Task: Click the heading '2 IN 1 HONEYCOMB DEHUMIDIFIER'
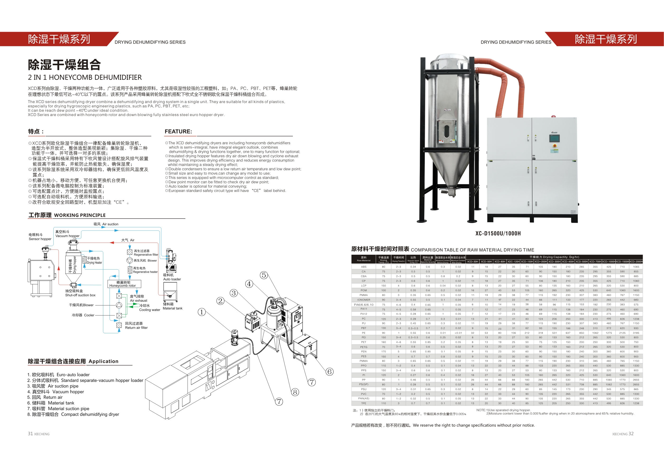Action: point(84,77)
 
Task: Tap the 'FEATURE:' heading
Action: point(178,132)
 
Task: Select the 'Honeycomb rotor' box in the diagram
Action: point(124,284)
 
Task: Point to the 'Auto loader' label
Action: point(172,279)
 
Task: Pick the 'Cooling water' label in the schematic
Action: point(149,310)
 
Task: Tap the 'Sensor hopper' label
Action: point(40,239)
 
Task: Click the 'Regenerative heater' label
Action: point(145,272)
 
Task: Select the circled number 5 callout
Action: point(264,275)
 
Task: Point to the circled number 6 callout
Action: point(329,371)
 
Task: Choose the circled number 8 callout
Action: point(295,392)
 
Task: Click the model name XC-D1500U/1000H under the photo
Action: point(498,233)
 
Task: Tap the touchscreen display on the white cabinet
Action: point(554,139)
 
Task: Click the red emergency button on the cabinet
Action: point(555,146)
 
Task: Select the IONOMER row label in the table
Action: point(364,300)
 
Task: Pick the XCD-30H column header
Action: point(472,261)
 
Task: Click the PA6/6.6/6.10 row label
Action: point(364,304)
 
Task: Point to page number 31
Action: point(30,434)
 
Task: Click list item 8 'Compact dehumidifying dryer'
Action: point(73,414)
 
